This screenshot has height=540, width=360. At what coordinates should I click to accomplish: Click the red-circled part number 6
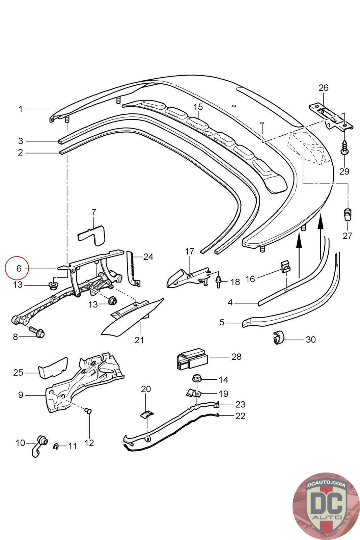click(19, 268)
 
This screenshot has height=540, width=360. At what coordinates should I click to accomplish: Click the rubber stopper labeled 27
click(348, 215)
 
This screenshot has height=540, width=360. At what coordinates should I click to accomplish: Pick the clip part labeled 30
click(278, 338)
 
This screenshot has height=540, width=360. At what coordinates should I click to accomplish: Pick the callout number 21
click(139, 340)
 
